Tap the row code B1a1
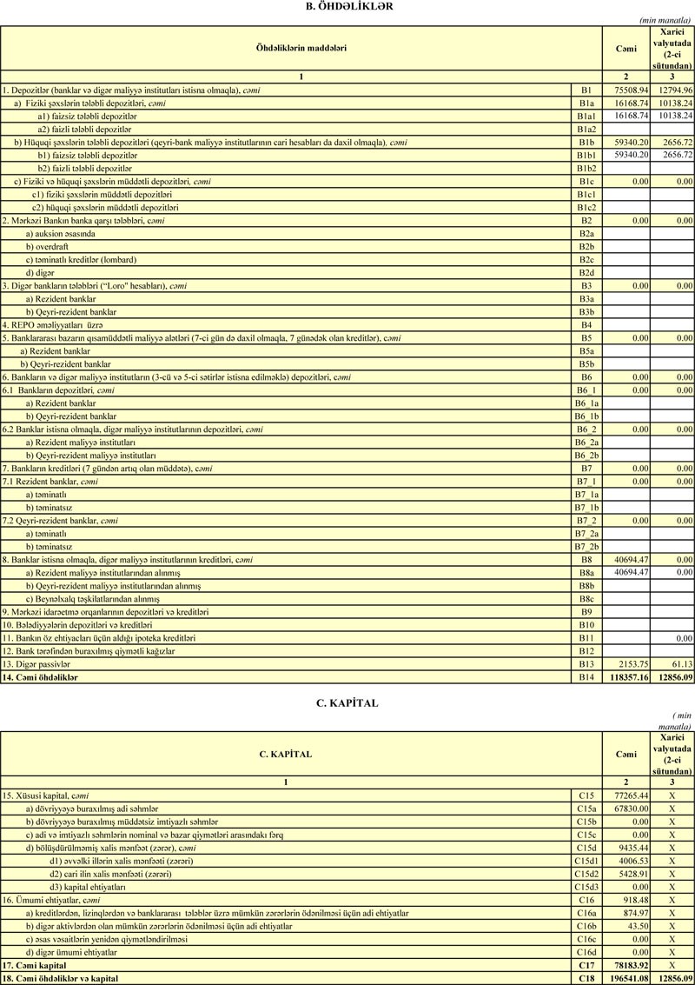coord(586,116)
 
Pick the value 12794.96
coord(675,90)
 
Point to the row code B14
coord(586,677)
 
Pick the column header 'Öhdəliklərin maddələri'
coord(301,48)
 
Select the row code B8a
coord(586,573)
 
